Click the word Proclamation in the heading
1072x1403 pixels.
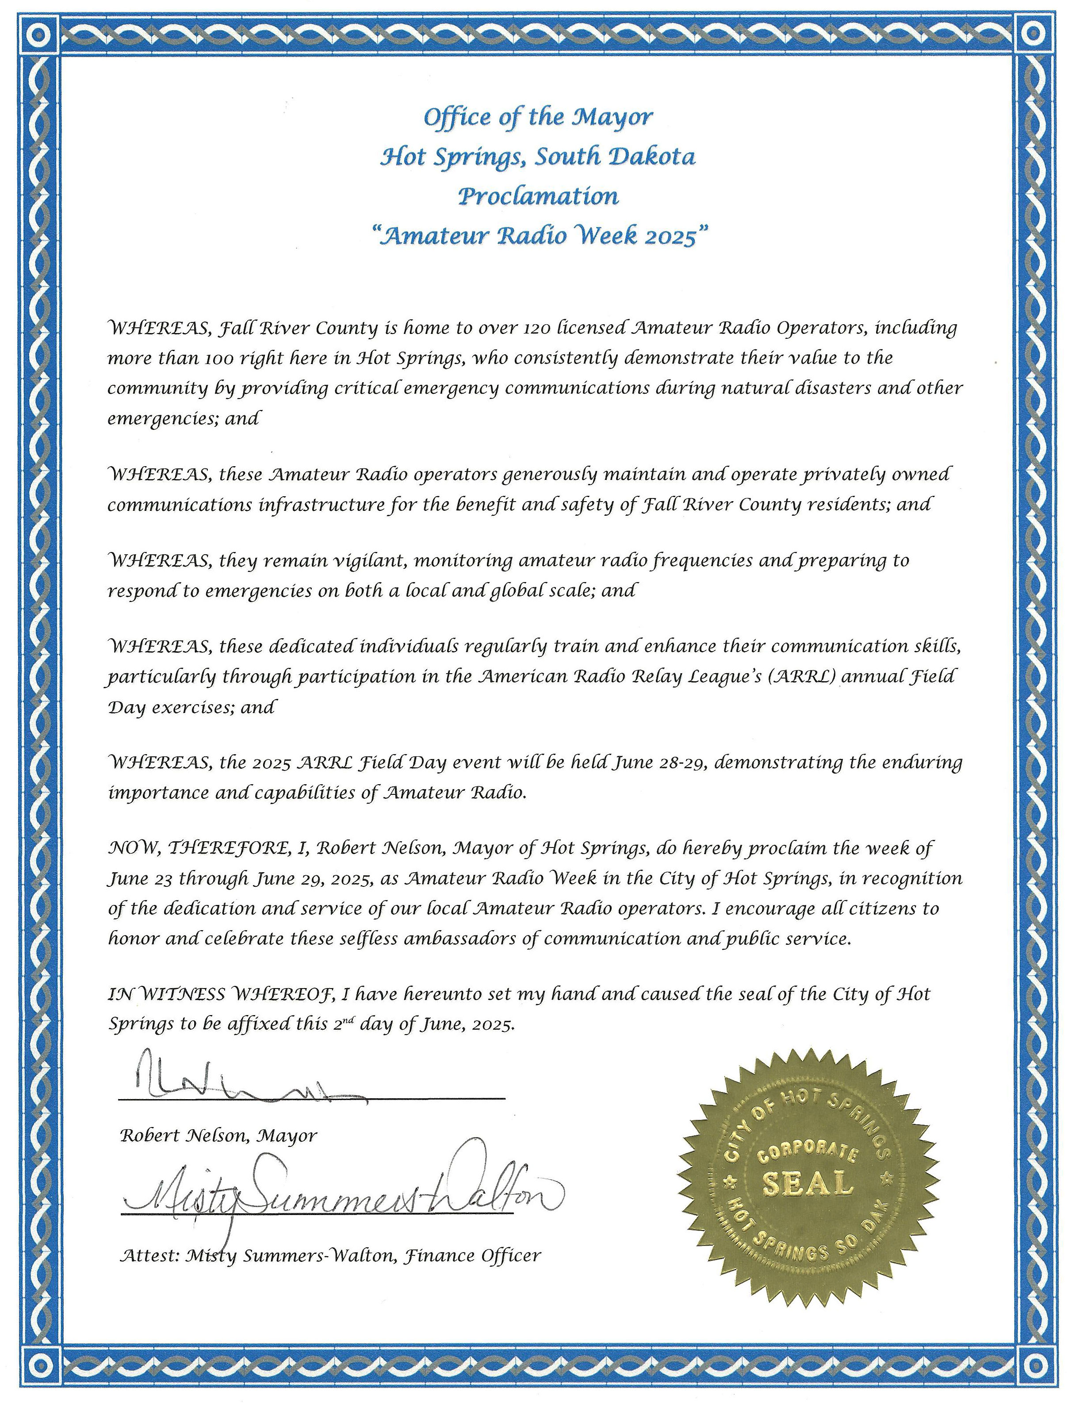pos(538,196)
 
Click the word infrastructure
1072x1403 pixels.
pos(321,505)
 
